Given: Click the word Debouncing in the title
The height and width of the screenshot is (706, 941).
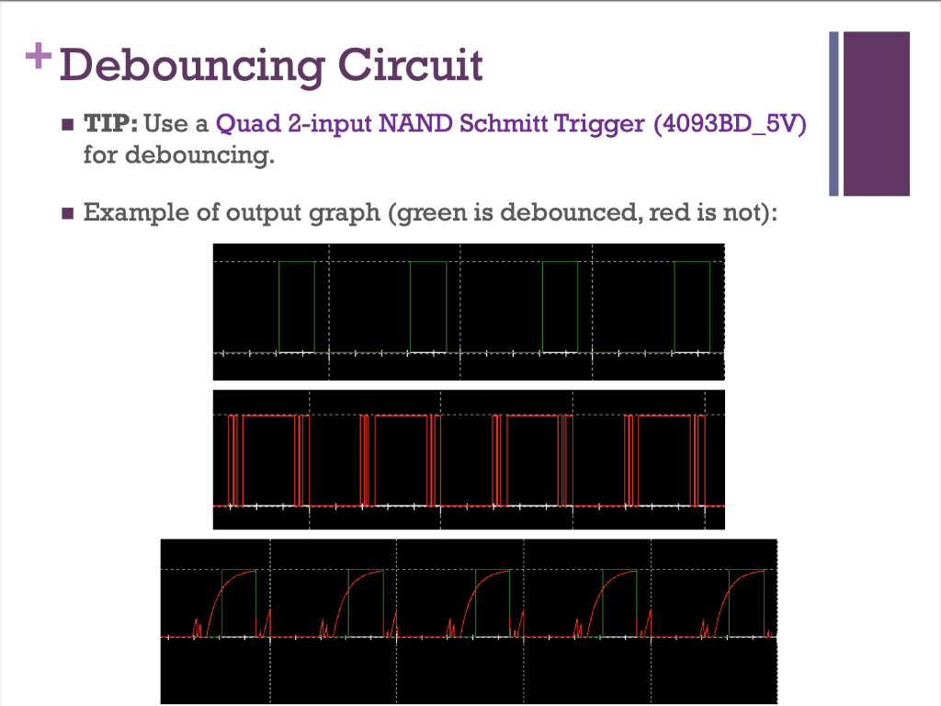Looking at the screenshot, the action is pyautogui.click(x=190, y=67).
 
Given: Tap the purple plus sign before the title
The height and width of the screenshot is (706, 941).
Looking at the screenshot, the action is pyautogui.click(x=39, y=57).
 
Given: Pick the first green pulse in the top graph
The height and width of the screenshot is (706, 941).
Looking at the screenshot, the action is pyautogui.click(x=296, y=306).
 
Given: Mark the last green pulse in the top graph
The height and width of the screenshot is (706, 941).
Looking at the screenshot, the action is pyautogui.click(x=692, y=306).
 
